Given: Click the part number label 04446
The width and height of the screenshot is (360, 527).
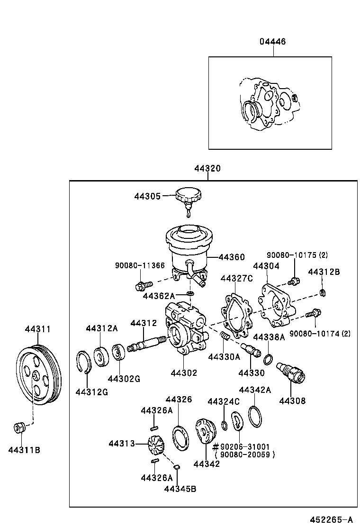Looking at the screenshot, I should [x=272, y=42].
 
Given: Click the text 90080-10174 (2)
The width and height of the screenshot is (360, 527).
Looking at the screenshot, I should [x=320, y=334].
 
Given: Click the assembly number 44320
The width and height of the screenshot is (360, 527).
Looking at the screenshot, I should [x=207, y=169].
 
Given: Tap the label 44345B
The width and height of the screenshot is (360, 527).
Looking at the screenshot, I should [x=180, y=489].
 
